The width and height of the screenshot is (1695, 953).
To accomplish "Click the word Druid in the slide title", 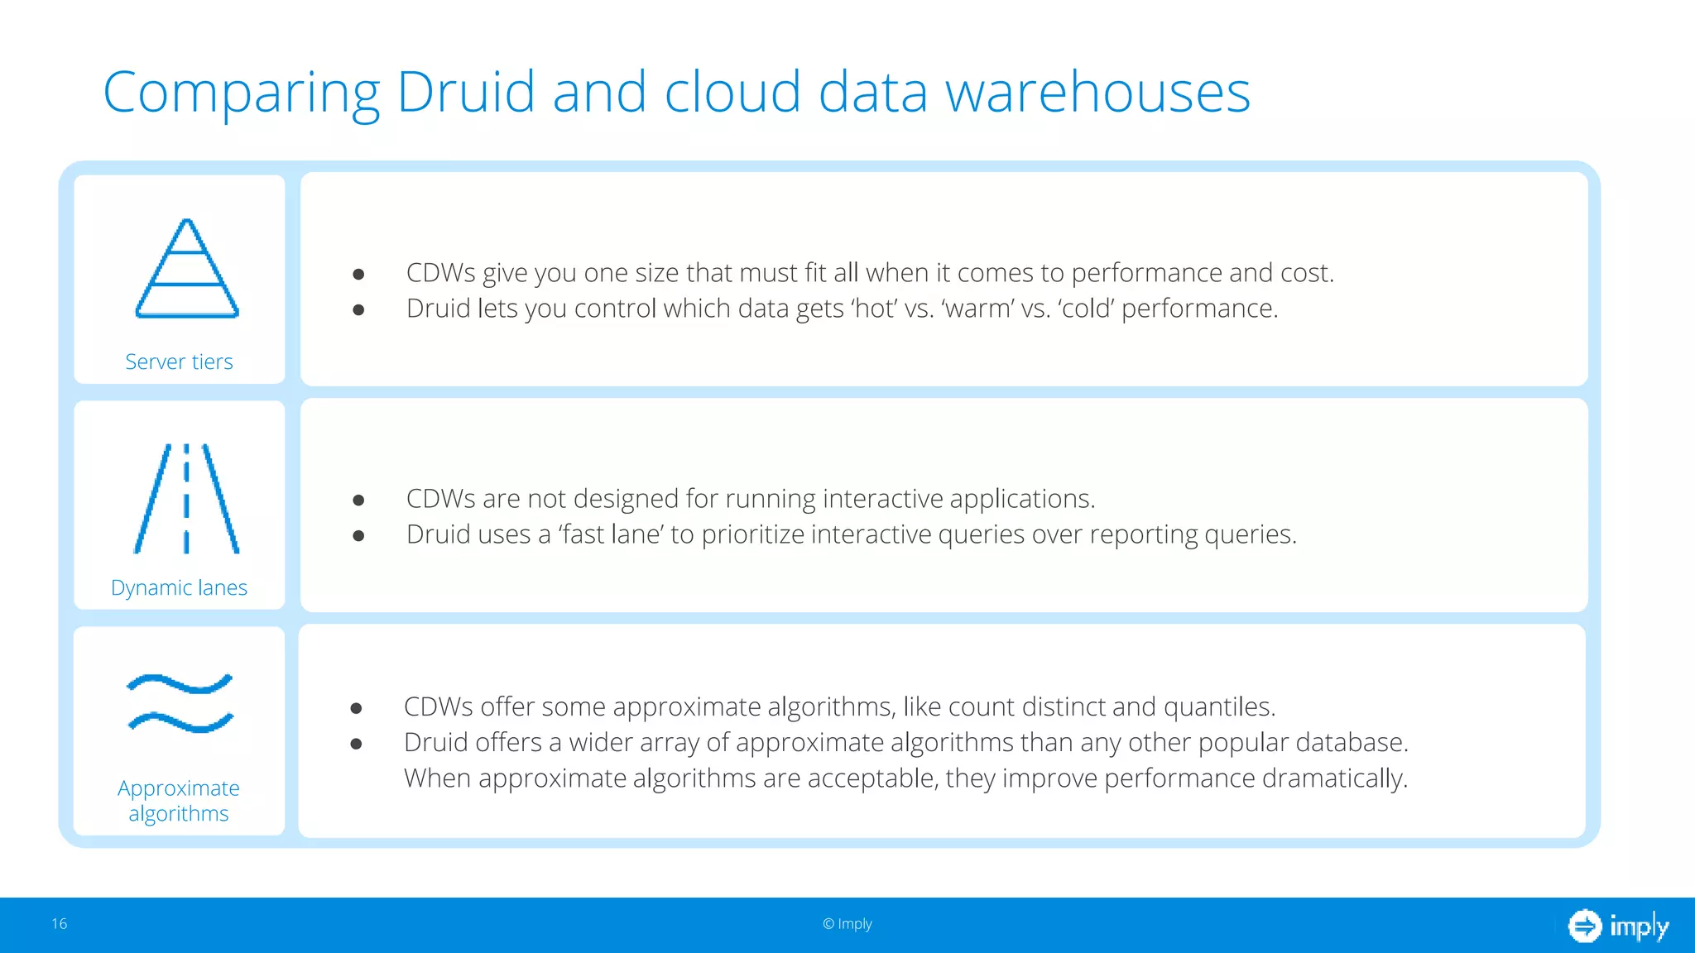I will pos(466,91).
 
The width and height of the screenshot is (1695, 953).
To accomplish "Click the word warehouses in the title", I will pos(1097,91).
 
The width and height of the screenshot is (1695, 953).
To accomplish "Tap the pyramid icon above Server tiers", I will pos(187,269).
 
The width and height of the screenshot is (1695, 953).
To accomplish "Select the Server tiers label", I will pos(179,362).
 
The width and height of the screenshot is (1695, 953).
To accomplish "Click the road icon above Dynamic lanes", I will pos(186,499).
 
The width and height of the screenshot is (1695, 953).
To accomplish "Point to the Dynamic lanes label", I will pos(179,587).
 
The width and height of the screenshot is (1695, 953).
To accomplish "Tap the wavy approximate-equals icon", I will pos(180,703).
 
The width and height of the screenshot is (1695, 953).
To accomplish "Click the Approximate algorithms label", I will pos(179,801).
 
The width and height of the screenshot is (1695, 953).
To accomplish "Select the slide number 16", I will pos(60,924).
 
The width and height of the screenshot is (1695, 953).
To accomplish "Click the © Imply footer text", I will pos(847,924).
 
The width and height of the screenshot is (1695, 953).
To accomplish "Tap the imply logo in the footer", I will pos(1618,926).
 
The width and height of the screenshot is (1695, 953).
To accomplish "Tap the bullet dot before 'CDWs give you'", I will pos(358,274).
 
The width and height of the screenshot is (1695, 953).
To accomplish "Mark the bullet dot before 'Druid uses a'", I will pos(358,536).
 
